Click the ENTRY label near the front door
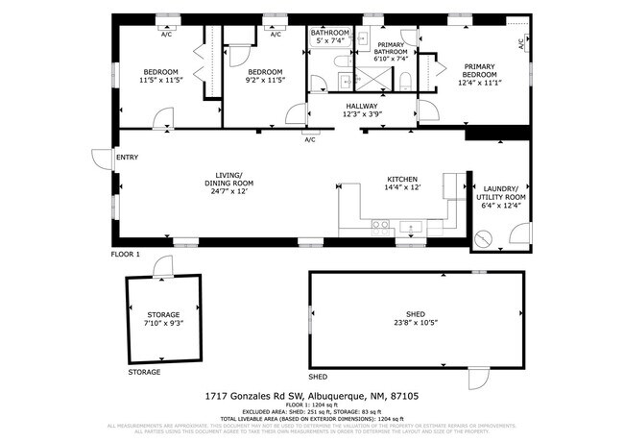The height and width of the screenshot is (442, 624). [128, 157]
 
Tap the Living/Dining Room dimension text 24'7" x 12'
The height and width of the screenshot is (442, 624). [228, 190]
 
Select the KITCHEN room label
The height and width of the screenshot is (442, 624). [402, 180]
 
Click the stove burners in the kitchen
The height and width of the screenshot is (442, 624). [381, 227]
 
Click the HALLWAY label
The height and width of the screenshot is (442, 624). [363, 107]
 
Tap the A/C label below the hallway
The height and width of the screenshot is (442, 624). [310, 140]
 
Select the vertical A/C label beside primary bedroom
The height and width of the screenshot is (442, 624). [521, 43]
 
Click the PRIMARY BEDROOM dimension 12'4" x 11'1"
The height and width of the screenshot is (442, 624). [477, 84]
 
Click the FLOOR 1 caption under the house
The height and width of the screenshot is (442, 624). [126, 255]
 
